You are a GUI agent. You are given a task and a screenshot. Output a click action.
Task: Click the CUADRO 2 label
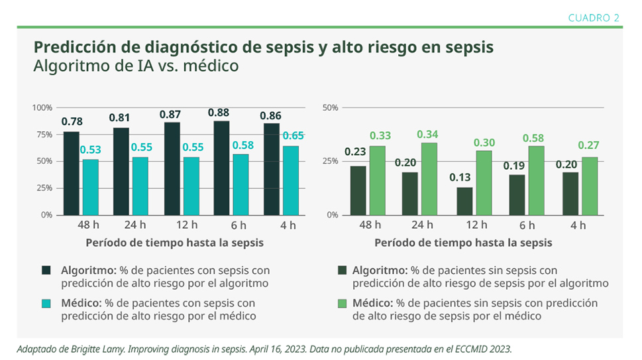coord(594,18)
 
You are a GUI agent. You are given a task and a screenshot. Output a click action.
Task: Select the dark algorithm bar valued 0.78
coord(71,173)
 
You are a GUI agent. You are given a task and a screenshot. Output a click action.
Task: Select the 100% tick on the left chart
coord(42,107)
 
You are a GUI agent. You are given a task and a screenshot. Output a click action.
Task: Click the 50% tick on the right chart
coord(330,107)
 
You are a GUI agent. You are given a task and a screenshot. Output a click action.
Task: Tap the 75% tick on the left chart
coord(44,135)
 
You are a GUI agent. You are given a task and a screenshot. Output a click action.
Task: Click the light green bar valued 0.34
coord(429,178)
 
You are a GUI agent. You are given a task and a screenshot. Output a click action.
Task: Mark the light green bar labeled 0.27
coord(589,186)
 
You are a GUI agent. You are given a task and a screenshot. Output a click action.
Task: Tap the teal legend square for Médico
coord(46,304)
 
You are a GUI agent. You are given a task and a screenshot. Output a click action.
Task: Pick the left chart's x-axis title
coord(174,243)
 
